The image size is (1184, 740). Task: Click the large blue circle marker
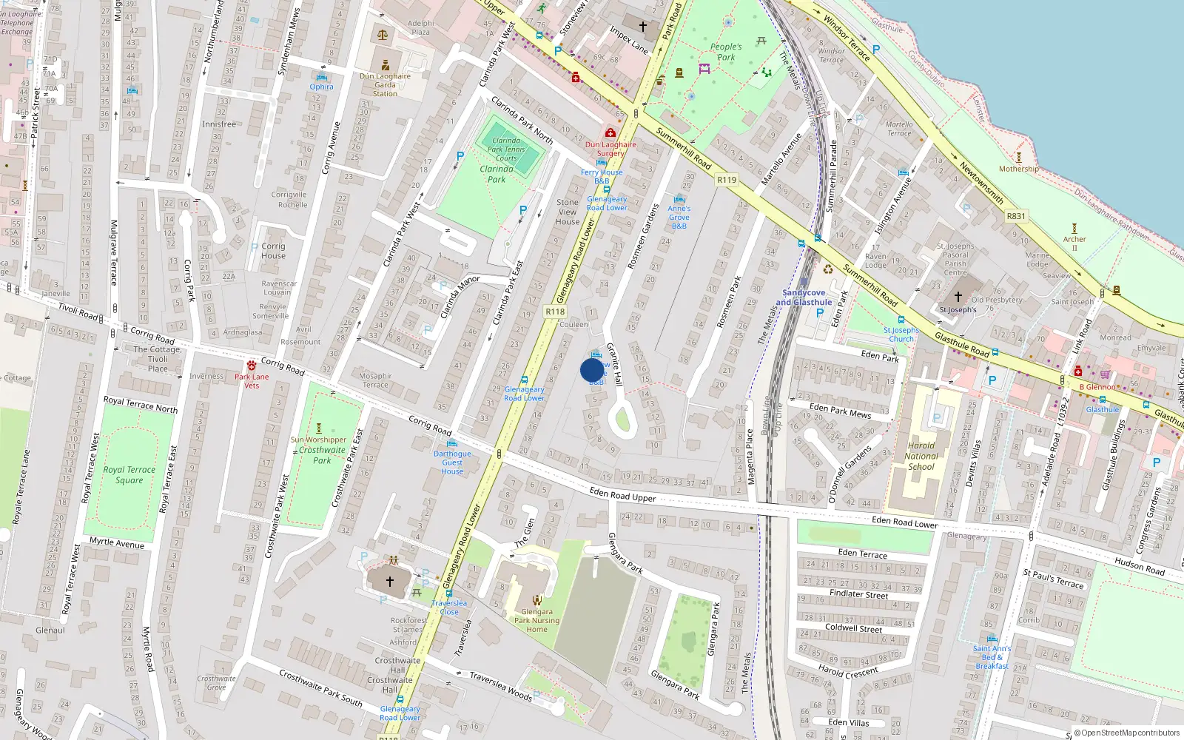(x=592, y=370)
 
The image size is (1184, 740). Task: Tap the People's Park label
(x=726, y=52)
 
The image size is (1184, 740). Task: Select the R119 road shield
(x=727, y=180)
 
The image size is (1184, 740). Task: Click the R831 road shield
(x=1016, y=217)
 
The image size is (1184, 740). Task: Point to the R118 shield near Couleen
(x=555, y=312)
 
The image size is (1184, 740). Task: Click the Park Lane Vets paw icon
(x=252, y=366)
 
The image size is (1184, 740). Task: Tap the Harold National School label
(x=921, y=456)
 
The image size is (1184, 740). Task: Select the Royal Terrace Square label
(x=129, y=474)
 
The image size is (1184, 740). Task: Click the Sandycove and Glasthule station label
(x=804, y=297)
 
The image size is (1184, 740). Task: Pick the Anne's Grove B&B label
(x=679, y=217)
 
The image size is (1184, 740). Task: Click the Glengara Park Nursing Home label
(x=537, y=620)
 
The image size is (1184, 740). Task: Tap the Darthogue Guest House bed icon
(x=452, y=443)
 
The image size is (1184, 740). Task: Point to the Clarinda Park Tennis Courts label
(x=506, y=149)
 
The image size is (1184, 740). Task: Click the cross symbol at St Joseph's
(x=958, y=297)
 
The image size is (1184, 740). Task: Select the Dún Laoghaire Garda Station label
(x=385, y=84)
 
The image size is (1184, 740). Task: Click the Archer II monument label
(x=1074, y=243)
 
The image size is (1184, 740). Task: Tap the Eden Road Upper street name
(x=622, y=494)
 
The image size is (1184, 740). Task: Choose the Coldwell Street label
(x=854, y=628)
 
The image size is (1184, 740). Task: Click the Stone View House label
(x=568, y=212)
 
